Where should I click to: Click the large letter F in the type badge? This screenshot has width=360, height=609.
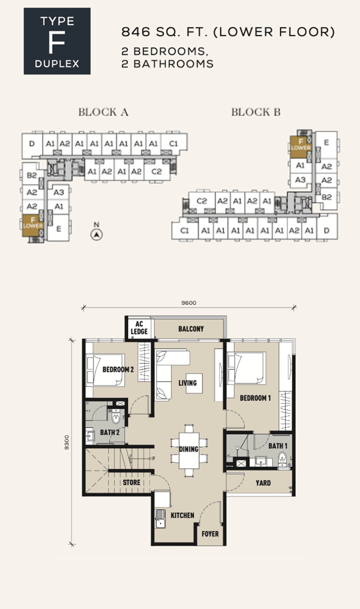[57, 42]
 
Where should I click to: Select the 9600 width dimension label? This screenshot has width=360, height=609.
[189, 303]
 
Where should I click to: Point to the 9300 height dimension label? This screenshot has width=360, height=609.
[67, 442]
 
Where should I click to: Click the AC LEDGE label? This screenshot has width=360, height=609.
[139, 328]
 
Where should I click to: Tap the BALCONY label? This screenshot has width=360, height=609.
[191, 329]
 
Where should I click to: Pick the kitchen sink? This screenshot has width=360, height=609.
[160, 519]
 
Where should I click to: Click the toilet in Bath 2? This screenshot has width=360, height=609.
[116, 417]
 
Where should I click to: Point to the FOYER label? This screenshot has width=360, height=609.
[210, 534]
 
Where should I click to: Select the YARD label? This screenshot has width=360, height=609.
[263, 483]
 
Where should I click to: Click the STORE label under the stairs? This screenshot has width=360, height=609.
[132, 482]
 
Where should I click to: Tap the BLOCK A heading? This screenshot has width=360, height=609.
[103, 112]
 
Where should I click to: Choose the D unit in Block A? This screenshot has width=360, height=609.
[32, 144]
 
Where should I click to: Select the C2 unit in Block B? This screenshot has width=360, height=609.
[202, 201]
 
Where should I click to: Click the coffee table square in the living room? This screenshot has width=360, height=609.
[195, 383]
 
